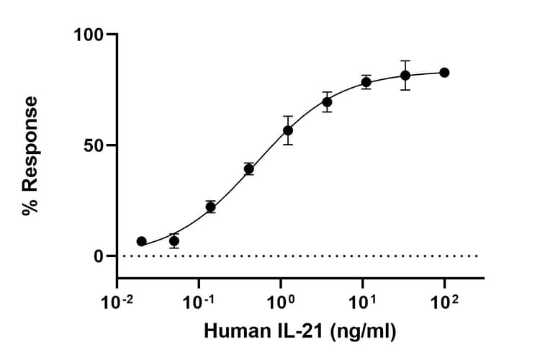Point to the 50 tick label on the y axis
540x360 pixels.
(x=95, y=145)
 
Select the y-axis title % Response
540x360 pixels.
(x=30, y=156)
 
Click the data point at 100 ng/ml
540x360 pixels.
(x=444, y=73)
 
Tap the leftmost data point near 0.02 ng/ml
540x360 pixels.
(x=142, y=241)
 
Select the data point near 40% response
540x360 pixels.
(x=249, y=169)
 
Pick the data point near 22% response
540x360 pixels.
(x=210, y=207)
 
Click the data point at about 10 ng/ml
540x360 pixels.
(x=366, y=82)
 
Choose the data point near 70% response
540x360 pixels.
(x=327, y=102)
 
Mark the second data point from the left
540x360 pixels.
(x=174, y=240)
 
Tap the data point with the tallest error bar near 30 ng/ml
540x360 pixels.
(x=405, y=75)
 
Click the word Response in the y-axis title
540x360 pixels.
(x=30, y=144)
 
